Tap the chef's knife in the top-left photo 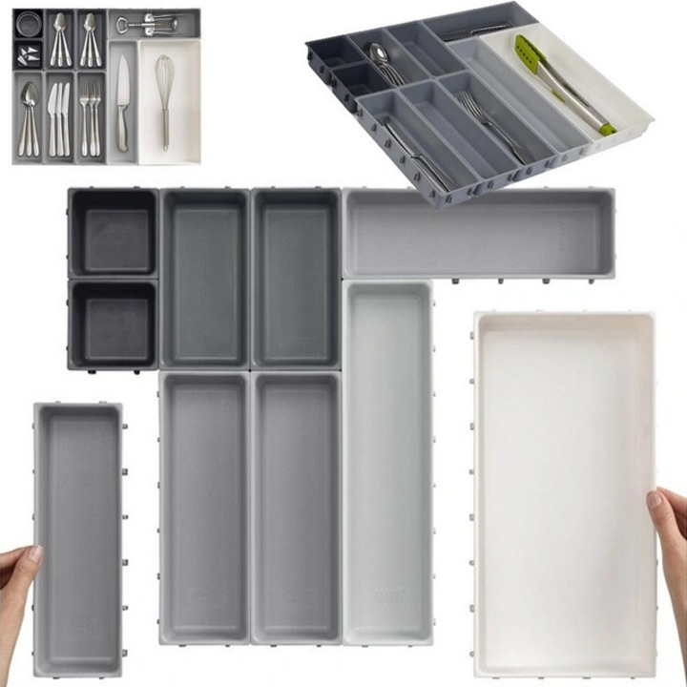[122, 100]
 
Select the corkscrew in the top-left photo [153, 21]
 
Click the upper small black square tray [113, 233]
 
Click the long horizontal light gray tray [477, 233]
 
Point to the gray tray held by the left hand [78, 534]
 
